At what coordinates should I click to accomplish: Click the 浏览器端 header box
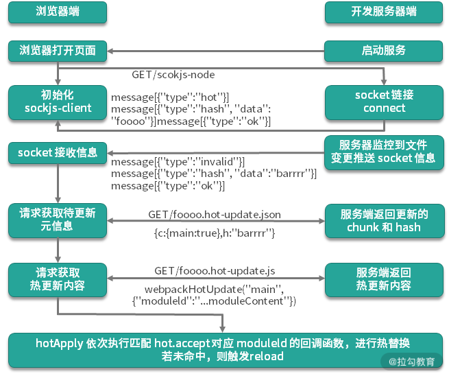click(x=58, y=12)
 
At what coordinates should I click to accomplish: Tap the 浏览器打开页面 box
click(x=58, y=50)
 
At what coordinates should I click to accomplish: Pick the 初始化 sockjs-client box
click(x=58, y=102)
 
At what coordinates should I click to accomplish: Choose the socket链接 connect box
click(x=384, y=102)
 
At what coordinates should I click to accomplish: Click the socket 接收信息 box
click(x=58, y=152)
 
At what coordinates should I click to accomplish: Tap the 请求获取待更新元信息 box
click(x=58, y=220)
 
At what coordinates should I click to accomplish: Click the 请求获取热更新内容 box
click(x=58, y=278)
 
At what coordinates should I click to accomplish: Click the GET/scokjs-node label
click(x=178, y=73)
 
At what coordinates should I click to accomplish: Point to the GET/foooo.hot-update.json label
click(x=215, y=215)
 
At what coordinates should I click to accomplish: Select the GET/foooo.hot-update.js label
click(x=214, y=271)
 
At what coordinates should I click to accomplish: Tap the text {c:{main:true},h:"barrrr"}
click(x=215, y=234)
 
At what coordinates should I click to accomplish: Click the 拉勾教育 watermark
click(x=411, y=361)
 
